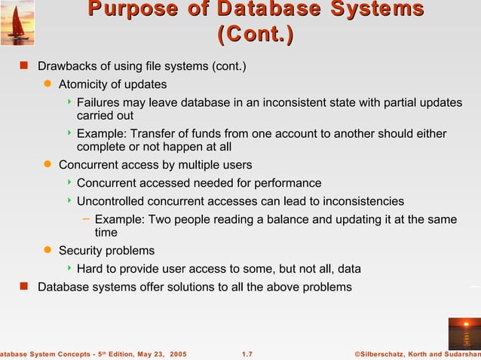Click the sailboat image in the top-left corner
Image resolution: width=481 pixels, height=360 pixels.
17,23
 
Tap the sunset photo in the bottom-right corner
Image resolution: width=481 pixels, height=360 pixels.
464,333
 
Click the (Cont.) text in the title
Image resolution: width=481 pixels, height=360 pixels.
256,35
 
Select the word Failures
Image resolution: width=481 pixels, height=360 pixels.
100,102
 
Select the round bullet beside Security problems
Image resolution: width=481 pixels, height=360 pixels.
47,250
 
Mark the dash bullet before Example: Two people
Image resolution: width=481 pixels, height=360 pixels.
85,219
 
